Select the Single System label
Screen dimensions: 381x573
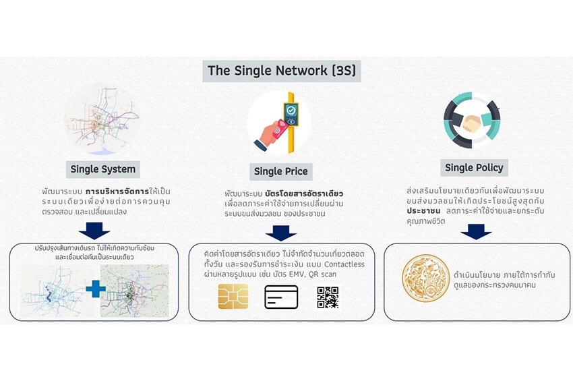click(x=102, y=169)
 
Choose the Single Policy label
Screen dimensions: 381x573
click(x=473, y=167)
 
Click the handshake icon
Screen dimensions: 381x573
click(x=472, y=123)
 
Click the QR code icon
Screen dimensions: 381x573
click(x=328, y=296)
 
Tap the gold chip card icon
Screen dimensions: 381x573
click(x=233, y=296)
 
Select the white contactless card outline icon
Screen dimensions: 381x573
click(x=281, y=296)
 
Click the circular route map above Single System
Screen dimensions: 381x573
click(x=102, y=119)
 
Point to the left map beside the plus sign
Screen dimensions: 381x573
click(x=53, y=291)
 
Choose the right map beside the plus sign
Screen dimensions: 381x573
click(x=135, y=291)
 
